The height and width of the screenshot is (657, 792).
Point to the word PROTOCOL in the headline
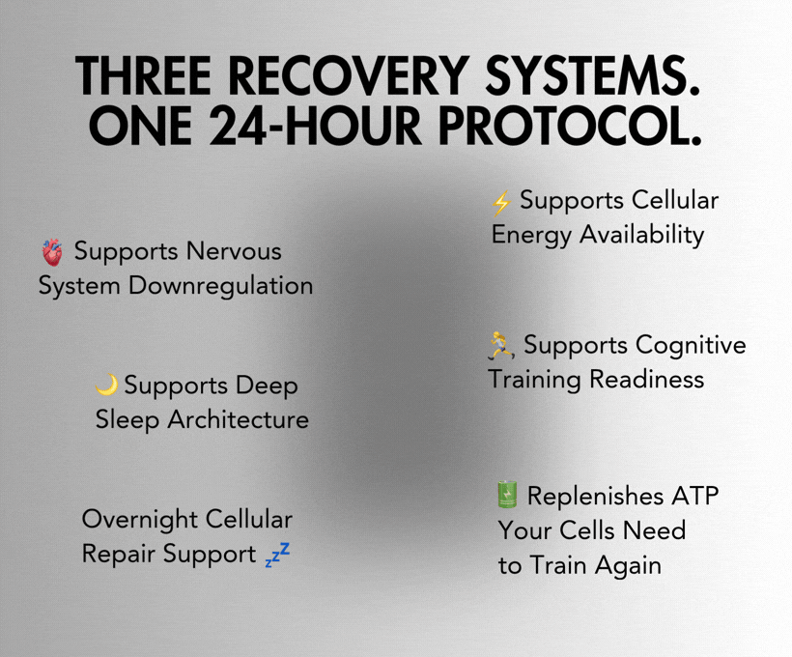(580, 126)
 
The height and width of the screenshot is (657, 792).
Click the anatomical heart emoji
(52, 253)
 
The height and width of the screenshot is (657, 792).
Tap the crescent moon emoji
(107, 385)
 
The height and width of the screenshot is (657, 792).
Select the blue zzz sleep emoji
(277, 556)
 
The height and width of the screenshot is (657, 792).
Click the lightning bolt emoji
(501, 203)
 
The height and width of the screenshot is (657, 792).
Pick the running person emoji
(501, 345)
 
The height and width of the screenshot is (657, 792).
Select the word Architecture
(238, 419)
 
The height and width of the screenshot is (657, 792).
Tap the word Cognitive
(691, 345)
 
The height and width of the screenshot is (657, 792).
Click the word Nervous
(235, 251)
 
